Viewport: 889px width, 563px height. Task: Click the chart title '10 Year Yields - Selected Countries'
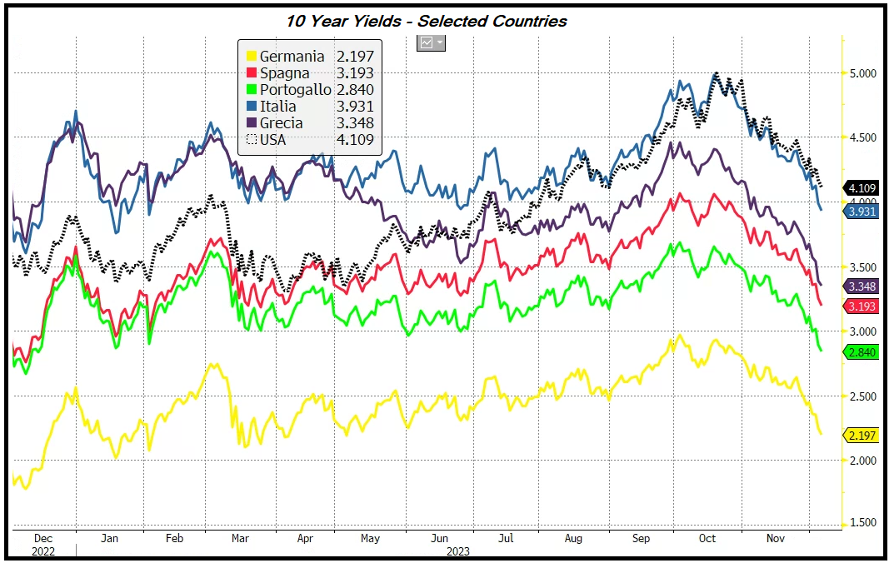pyautogui.click(x=426, y=21)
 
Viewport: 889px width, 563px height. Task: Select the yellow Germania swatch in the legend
pyautogui.click(x=249, y=57)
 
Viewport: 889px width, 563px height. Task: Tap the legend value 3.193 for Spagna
pyautogui.click(x=355, y=73)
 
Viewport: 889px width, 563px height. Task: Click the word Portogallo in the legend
pyautogui.click(x=295, y=90)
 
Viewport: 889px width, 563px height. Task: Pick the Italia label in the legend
pyautogui.click(x=277, y=107)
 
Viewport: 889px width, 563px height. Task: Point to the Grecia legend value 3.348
pyautogui.click(x=355, y=123)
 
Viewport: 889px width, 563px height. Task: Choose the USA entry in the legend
pyautogui.click(x=272, y=140)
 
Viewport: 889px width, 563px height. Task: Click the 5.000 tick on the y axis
pyautogui.click(x=862, y=73)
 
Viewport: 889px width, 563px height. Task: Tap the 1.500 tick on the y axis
pyautogui.click(x=862, y=523)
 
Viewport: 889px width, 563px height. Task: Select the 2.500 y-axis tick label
pyautogui.click(x=862, y=396)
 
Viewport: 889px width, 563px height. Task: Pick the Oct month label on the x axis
pyautogui.click(x=707, y=539)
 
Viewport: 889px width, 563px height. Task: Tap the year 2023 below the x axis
pyautogui.click(x=457, y=551)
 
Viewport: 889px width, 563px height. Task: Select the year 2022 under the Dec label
pyautogui.click(x=43, y=551)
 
